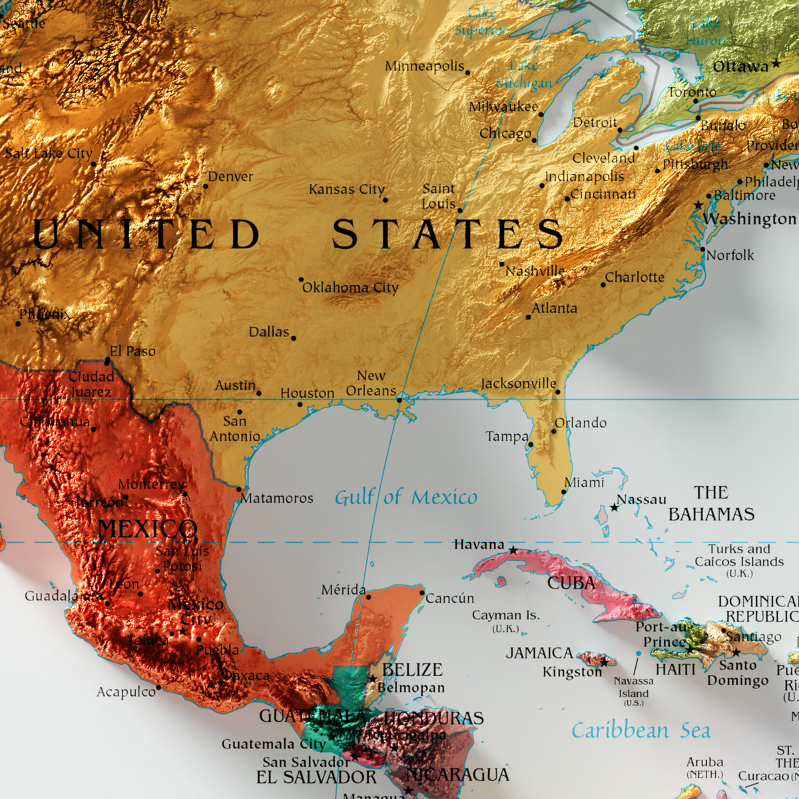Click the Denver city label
click(x=230, y=176)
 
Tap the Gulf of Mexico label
click(x=405, y=497)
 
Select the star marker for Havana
click(x=513, y=551)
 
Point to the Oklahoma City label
click(x=350, y=288)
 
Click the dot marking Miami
click(x=563, y=492)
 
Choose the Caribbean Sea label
click(x=641, y=730)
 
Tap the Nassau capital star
click(x=614, y=507)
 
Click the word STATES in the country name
click(x=447, y=234)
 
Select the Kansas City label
click(x=346, y=190)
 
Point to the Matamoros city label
click(x=277, y=498)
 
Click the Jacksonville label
click(x=518, y=384)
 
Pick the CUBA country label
click(x=571, y=583)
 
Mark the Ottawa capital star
click(x=776, y=65)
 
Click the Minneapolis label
click(x=424, y=67)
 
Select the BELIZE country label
click(x=413, y=670)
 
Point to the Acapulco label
click(x=126, y=692)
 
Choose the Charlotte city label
click(x=635, y=277)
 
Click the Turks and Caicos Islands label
click(x=739, y=556)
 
